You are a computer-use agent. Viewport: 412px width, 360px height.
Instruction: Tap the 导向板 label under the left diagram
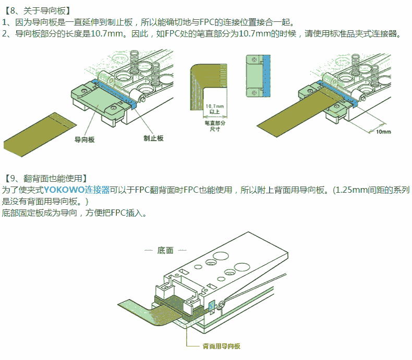(x=84, y=140)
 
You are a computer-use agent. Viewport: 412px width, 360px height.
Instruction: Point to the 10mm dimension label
(x=383, y=131)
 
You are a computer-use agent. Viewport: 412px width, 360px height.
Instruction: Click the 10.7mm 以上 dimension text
(x=214, y=108)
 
